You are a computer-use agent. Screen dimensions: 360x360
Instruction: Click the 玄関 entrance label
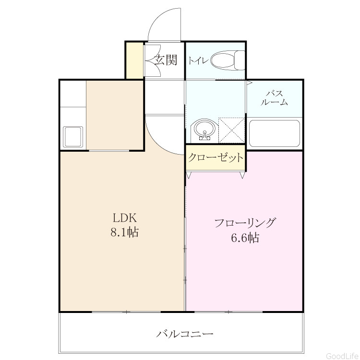165,60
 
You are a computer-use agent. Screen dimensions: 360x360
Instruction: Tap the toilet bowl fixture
228,60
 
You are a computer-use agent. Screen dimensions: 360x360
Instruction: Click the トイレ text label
198,61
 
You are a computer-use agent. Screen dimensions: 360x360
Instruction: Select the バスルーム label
274,98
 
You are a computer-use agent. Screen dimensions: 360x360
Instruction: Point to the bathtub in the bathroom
275,133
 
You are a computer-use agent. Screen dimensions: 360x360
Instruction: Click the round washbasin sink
204,130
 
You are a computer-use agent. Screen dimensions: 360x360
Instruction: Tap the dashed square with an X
231,130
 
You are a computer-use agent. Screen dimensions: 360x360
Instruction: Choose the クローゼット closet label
216,157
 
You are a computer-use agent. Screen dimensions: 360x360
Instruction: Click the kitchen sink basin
73,137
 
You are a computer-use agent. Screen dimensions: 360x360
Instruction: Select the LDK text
125,218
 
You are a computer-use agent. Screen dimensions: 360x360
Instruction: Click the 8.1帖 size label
125,232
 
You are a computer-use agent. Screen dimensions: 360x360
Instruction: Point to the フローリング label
245,223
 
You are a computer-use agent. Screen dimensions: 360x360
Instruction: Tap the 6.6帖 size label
245,238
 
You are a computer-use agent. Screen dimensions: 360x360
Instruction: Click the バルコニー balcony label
185,334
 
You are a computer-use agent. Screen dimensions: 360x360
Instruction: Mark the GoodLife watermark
343,356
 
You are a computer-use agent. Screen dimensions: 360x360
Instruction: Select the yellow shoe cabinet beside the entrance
135,60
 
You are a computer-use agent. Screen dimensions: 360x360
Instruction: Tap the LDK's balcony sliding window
126,312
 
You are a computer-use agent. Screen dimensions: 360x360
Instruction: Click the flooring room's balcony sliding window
228,312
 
